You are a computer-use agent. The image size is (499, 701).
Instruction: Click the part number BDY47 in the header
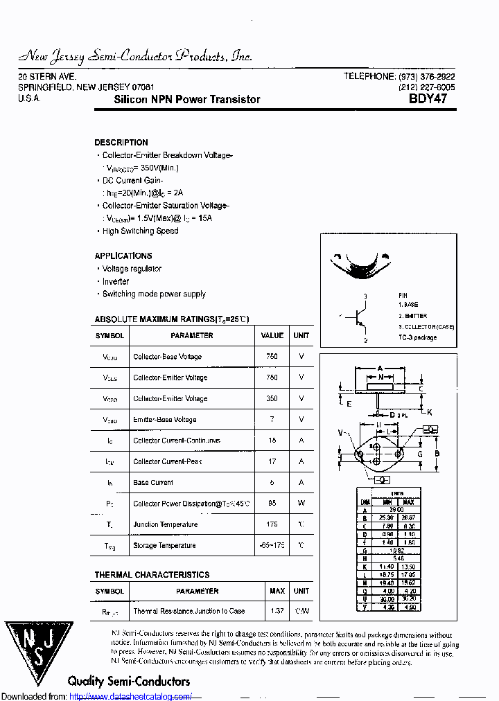pyautogui.click(x=428, y=99)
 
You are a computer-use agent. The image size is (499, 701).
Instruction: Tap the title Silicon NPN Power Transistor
pyautogui.click(x=187, y=100)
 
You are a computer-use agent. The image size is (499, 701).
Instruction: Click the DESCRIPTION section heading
pyautogui.click(x=121, y=143)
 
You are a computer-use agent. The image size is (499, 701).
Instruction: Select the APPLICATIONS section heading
pyautogui.click(x=123, y=256)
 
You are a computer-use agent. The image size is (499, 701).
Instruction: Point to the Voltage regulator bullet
pyautogui.click(x=132, y=269)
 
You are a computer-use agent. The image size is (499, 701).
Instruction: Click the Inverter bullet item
pyautogui.click(x=116, y=281)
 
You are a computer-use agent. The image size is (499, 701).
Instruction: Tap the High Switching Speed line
pyautogui.click(x=140, y=231)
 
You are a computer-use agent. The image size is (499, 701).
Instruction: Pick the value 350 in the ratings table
pyautogui.click(x=272, y=399)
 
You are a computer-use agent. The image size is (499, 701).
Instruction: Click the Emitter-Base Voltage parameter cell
pyautogui.click(x=164, y=420)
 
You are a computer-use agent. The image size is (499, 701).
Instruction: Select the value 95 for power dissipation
pyautogui.click(x=272, y=504)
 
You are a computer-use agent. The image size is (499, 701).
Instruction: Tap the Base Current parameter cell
pyautogui.click(x=153, y=483)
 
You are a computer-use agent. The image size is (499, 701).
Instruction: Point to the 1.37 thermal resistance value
pyautogui.click(x=277, y=611)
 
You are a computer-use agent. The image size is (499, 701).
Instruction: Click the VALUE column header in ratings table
pyautogui.click(x=272, y=335)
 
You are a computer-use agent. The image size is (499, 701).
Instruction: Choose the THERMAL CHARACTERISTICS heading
pyautogui.click(x=152, y=575)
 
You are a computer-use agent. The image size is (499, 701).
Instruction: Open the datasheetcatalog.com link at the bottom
pyautogui.click(x=131, y=696)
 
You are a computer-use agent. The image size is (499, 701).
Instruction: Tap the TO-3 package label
pyautogui.click(x=417, y=337)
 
